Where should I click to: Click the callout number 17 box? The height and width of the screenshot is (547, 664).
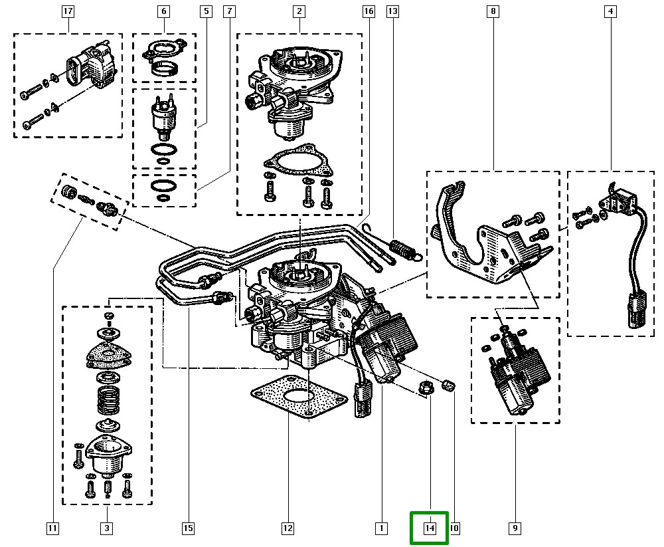click(x=68, y=11)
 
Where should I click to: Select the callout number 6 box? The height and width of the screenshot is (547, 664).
click(x=164, y=11)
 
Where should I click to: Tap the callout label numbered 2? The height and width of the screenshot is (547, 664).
click(x=299, y=11)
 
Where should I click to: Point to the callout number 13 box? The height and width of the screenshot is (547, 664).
click(x=393, y=11)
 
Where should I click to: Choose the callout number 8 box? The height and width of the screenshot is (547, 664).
click(x=493, y=11)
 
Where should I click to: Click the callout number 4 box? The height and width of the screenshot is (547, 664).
click(x=610, y=11)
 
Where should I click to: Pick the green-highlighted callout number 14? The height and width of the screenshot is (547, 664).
click(x=430, y=528)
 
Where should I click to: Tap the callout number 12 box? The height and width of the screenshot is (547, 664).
click(x=288, y=529)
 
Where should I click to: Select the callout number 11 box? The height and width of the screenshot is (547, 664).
click(x=52, y=529)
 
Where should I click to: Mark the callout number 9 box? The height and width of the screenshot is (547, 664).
click(x=515, y=529)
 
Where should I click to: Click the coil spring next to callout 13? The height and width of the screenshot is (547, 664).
click(x=402, y=249)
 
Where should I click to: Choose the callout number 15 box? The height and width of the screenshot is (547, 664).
click(x=188, y=529)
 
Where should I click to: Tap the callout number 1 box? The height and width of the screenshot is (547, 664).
click(x=381, y=529)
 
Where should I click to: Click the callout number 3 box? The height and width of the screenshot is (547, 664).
click(x=106, y=529)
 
